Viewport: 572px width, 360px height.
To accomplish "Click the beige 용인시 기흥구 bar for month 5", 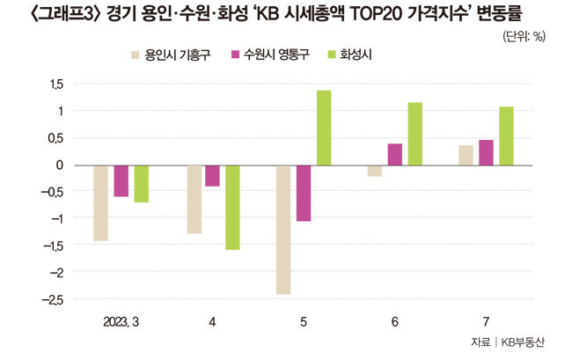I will (x=283, y=230).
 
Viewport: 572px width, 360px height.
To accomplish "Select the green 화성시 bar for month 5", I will (x=324, y=128).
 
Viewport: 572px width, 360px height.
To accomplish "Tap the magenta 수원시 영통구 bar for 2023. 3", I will (x=121, y=181).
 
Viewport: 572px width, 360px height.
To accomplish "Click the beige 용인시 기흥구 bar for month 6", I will (x=375, y=171).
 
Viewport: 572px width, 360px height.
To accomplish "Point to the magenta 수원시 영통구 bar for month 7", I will (x=486, y=153).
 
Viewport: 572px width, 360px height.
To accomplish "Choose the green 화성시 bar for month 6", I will (x=415, y=134).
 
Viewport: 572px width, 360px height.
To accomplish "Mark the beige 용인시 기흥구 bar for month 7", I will (x=466, y=155).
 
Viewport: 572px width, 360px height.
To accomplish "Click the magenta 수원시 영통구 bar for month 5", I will (x=304, y=193).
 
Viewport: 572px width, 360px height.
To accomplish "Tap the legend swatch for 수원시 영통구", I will (x=237, y=55).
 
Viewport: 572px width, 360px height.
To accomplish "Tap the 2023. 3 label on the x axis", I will (x=121, y=320).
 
